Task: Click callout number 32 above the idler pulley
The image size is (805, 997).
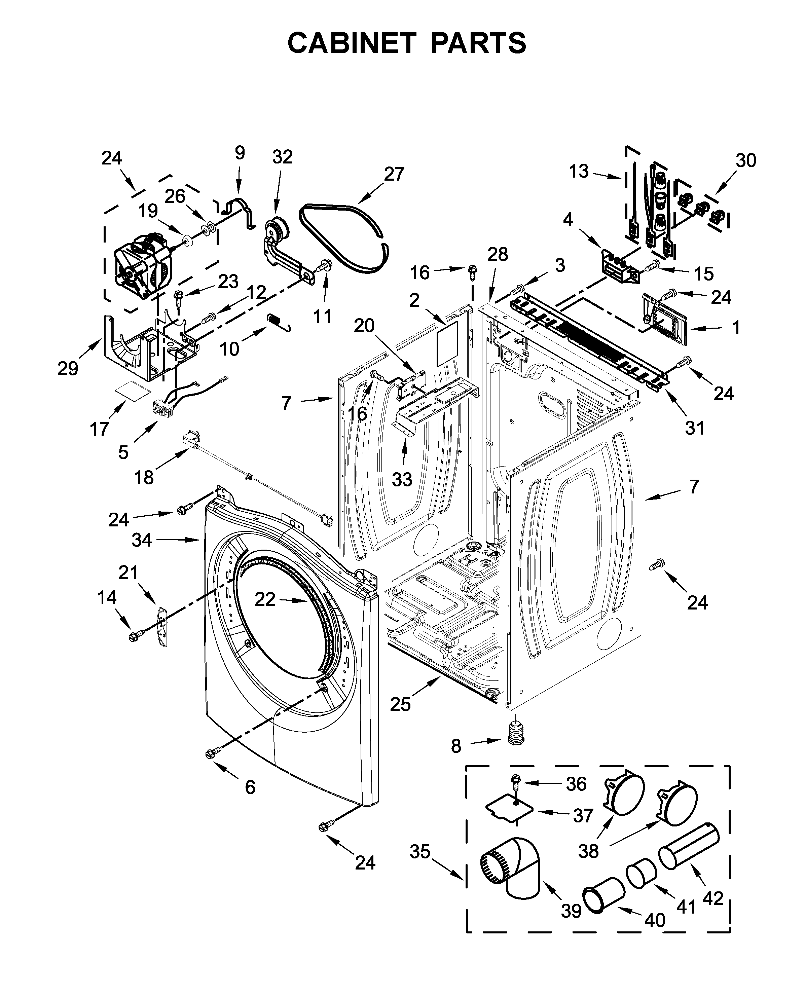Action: [x=282, y=157]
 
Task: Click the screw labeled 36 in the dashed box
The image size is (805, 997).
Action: [x=516, y=784]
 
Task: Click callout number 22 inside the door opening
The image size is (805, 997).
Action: [x=265, y=600]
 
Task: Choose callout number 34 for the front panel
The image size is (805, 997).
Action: [x=141, y=540]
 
